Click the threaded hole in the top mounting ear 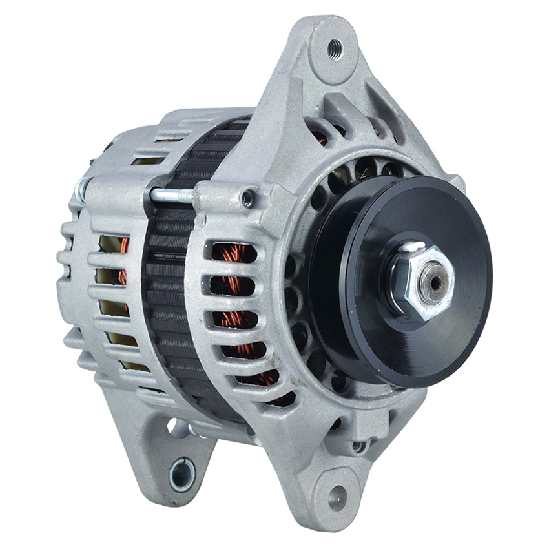[x=335, y=48]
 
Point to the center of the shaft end [x=436, y=282]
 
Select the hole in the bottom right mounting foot [x=337, y=497]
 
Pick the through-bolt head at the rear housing [x=81, y=189]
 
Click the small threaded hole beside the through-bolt [x=247, y=200]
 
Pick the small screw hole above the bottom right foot [x=358, y=446]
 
